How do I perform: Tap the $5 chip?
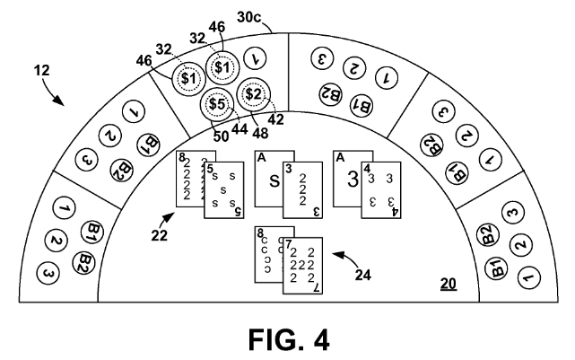coord(215,103)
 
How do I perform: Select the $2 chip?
coord(253,92)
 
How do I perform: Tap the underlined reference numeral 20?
coord(448,285)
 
